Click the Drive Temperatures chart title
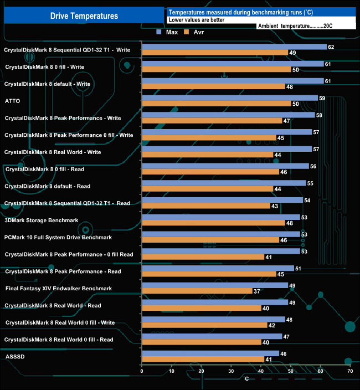pos(84,16)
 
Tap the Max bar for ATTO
pos(230,98)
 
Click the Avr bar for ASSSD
pos(203,360)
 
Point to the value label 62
pos(331,47)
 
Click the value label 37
pos(256,291)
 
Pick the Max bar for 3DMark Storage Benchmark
pos(221,217)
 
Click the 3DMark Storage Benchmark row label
pos(42,220)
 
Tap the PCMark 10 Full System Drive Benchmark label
pos(58,237)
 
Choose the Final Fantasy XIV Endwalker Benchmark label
pos(59,289)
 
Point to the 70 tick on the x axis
pos(349,371)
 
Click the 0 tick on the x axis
pos(142,371)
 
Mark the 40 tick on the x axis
pos(261,371)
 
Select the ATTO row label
pos(12,101)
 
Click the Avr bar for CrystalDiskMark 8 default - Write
pos(213,87)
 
